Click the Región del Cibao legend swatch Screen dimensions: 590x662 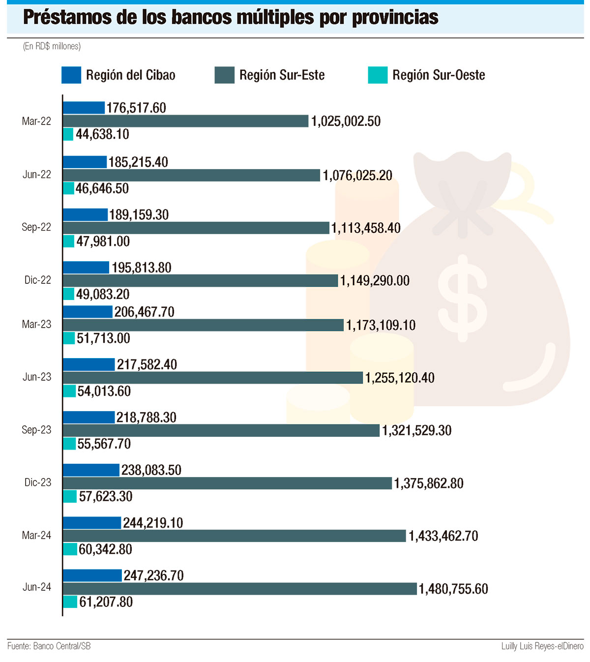pos(71,75)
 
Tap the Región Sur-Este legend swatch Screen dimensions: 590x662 pos(224,75)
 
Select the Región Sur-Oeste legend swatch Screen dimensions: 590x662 pos(378,75)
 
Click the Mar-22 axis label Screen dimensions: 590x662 pos(36,121)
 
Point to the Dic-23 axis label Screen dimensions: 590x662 pos(38,482)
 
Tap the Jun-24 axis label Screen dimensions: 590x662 pos(37,587)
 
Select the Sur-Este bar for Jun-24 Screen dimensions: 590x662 pos(240,589)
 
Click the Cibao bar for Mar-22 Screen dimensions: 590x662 pos(84,108)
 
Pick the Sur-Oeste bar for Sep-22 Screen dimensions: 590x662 pos(69,241)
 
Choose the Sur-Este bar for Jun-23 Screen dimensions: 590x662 pos(213,378)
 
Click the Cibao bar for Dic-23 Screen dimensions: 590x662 pos(91,470)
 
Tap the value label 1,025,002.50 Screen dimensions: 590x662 pos(346,121)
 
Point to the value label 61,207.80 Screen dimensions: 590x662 pos(106,602)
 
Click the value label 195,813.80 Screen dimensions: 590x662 pos(142,268)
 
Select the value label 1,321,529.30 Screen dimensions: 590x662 pos(417,430)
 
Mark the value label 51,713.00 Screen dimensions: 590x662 pos(103,338)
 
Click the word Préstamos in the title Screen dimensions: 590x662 pos(67,18)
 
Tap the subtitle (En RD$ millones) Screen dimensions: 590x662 pos(52,46)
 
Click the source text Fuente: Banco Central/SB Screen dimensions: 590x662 pos(49,646)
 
